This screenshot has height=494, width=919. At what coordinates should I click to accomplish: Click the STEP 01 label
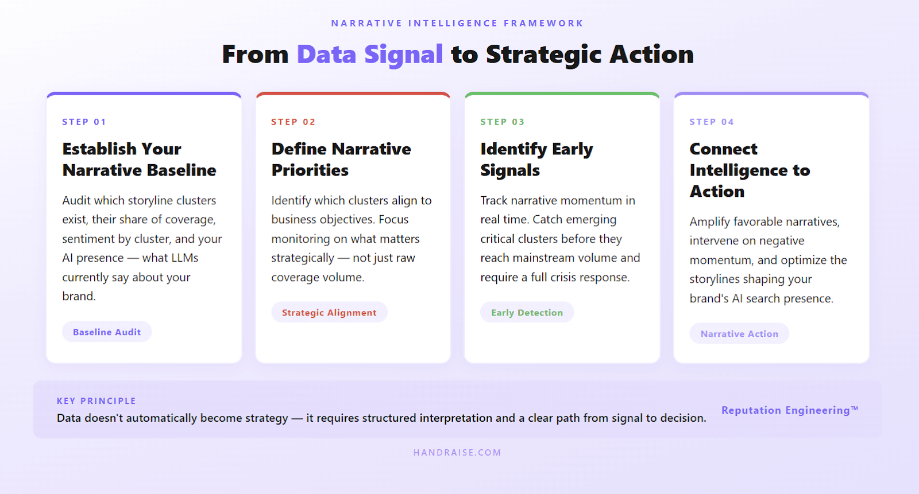pos(84,122)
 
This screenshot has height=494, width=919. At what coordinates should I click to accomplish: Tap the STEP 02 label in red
pos(293,122)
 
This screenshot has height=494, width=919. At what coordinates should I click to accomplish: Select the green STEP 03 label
pos(502,122)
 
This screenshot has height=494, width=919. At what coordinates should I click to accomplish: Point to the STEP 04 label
pos(711,122)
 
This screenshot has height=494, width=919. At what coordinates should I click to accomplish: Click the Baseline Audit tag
pos(107,332)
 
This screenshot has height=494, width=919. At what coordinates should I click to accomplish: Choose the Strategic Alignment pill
pos(329,312)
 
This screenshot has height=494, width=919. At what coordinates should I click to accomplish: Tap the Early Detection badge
pos(527,312)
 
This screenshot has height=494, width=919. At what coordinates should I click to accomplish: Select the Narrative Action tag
pos(739,333)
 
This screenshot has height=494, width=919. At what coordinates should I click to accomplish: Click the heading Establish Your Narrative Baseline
pos(139,160)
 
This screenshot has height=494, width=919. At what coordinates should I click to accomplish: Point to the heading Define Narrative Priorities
pos(341,160)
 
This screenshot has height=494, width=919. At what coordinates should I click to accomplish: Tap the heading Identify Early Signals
pos(536,160)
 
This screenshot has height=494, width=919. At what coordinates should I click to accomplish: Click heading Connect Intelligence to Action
pos(750,170)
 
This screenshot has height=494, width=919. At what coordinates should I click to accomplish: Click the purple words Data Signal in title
pos(369,55)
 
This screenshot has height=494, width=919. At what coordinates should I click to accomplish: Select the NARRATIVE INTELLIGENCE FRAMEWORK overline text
pos(457,24)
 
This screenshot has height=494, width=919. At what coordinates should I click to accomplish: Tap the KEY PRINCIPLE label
pos(96,401)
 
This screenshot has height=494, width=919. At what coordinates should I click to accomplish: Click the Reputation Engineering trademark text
pos(789,410)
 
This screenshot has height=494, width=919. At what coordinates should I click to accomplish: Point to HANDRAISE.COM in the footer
pos(457,453)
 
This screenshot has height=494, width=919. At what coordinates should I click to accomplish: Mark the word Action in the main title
pos(651,55)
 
